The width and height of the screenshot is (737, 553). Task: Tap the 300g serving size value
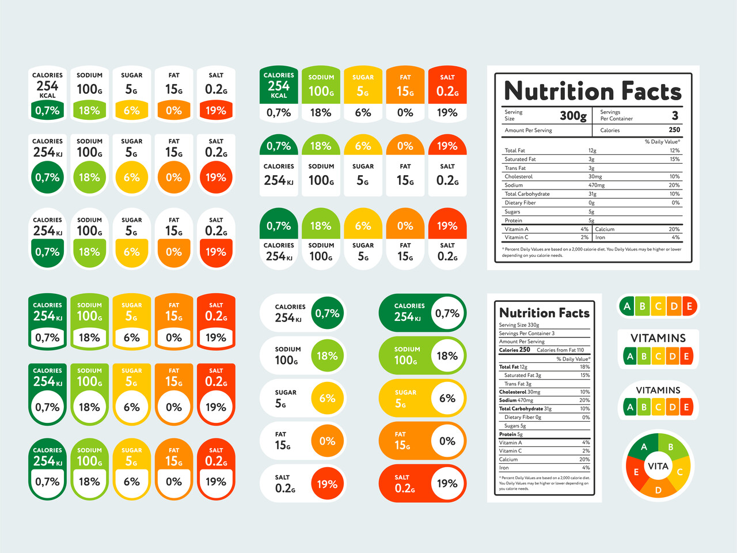573,115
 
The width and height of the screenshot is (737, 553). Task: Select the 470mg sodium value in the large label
597,185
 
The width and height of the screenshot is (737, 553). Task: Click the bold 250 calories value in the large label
674,130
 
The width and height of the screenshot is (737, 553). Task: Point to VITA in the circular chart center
658,466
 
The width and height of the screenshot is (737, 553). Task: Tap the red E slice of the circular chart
636,472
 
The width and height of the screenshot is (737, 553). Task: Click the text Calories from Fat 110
560,350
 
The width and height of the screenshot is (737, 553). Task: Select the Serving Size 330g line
519,325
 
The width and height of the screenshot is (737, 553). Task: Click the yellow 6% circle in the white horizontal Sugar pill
327,398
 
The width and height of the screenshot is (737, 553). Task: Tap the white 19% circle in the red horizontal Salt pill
447,484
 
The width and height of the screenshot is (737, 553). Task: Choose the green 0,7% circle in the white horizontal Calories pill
327,313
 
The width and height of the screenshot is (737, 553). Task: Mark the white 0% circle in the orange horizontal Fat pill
447,441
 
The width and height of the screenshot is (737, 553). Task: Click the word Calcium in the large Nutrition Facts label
605,229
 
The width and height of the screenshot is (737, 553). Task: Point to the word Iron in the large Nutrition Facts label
600,237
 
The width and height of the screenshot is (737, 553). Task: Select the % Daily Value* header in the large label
662,142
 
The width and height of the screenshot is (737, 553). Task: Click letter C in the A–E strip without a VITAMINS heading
658,306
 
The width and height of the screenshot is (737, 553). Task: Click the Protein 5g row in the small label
511,434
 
